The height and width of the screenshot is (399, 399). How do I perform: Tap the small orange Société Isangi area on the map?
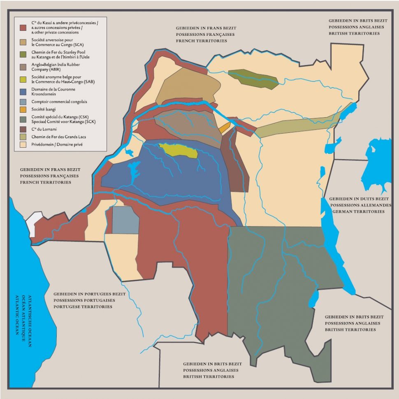click(224, 128)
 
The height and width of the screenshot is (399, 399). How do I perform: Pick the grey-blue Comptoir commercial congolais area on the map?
click(125, 220)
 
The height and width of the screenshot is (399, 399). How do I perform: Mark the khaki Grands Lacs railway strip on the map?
click(296, 125)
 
